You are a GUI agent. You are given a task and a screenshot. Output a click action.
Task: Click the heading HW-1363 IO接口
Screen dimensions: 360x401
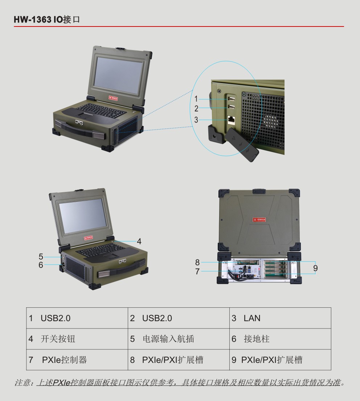click(47, 20)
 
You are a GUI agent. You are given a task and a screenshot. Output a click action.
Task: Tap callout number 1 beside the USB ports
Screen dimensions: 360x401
click(196, 99)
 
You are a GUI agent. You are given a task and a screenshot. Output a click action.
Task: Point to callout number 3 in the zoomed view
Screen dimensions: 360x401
click(196, 120)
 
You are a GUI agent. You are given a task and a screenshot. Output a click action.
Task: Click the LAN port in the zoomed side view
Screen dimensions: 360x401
click(231, 120)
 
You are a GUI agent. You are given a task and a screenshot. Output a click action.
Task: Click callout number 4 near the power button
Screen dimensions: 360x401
click(139, 241)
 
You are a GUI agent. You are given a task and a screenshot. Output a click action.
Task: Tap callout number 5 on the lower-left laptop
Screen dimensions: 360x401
click(41, 257)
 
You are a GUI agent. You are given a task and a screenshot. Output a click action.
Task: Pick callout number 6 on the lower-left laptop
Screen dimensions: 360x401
click(41, 265)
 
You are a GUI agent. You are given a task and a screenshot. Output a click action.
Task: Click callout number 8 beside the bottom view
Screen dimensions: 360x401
click(197, 262)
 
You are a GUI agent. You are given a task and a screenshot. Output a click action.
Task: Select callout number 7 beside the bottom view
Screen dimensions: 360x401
click(197, 271)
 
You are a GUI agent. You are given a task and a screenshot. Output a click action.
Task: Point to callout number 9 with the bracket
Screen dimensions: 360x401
click(315, 268)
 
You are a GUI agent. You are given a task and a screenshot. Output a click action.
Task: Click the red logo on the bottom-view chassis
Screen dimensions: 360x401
click(259, 220)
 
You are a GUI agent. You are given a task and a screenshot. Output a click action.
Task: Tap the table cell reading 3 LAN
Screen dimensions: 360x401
click(280, 318)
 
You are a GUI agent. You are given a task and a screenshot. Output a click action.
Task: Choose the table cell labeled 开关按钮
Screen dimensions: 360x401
click(77, 339)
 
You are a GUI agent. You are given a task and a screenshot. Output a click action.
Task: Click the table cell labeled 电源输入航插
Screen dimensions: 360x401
click(179, 339)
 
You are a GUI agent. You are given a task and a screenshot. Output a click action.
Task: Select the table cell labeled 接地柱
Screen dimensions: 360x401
click(280, 339)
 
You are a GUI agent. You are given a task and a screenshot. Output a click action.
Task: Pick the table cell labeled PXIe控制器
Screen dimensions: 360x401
click(77, 360)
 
